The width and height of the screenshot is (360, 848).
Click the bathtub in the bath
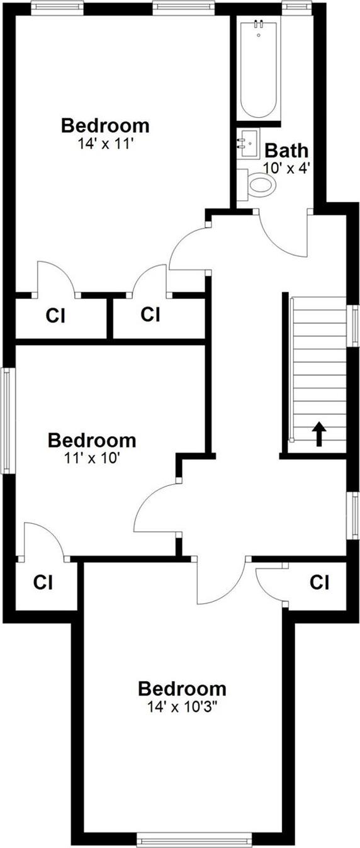258,69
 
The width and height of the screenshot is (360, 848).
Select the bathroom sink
249,144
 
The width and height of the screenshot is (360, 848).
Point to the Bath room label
286,150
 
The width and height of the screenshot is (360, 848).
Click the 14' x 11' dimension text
105,144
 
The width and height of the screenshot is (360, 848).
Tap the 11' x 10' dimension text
92,458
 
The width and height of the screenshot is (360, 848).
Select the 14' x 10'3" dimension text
182,706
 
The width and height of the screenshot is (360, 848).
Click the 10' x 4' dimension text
287,168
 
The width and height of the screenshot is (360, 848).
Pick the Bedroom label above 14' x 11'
105,125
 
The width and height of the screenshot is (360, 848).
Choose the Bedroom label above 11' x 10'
92,439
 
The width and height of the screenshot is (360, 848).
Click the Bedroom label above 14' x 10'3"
182,687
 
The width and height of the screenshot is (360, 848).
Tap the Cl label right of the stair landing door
319,583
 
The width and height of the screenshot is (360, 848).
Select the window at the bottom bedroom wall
194,840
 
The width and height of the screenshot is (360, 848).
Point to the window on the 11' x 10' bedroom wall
7,421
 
